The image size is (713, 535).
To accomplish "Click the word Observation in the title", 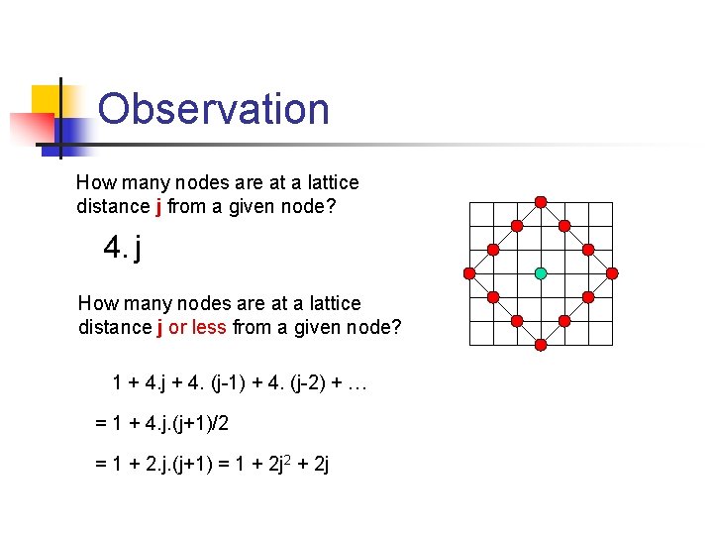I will pos(214,109).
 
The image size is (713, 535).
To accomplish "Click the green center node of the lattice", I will pos(541,272).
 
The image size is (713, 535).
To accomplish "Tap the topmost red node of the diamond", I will pos(541,201).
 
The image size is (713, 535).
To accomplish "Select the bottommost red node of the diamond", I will pos(541,345).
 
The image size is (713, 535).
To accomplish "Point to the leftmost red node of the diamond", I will pos(469,272).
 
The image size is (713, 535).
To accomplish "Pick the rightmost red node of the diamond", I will pos(612,272).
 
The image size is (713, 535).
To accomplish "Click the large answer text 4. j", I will pos(123,247).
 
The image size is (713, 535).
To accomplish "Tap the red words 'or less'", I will pos(197,327).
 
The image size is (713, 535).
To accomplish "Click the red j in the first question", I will pos(159,207).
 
